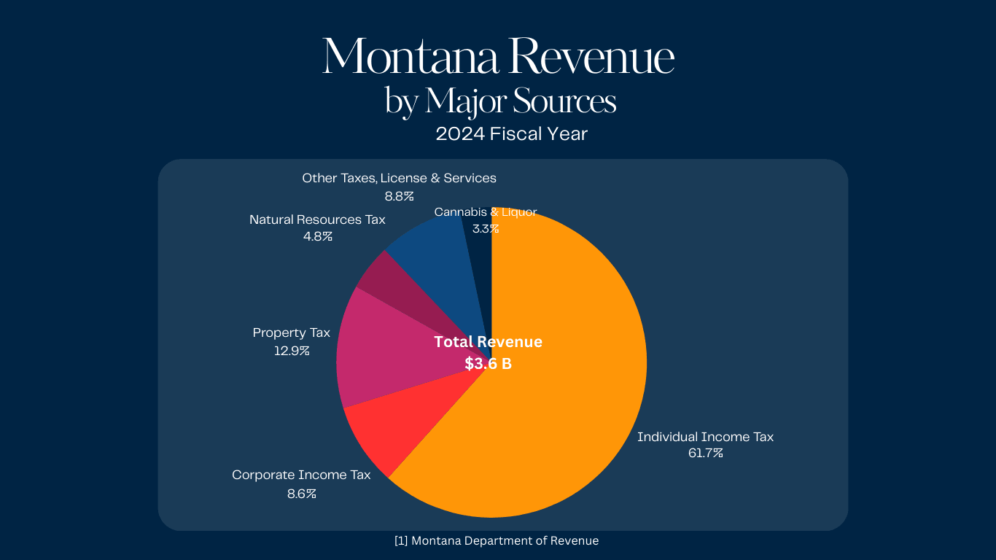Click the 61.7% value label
705,454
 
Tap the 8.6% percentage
301,494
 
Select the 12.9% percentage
292,351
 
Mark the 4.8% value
318,236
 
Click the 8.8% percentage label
399,195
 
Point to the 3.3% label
486,228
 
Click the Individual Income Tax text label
705,437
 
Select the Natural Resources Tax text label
317,219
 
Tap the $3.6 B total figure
488,363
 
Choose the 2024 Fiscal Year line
511,134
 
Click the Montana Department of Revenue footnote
497,541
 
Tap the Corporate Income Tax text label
301,475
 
